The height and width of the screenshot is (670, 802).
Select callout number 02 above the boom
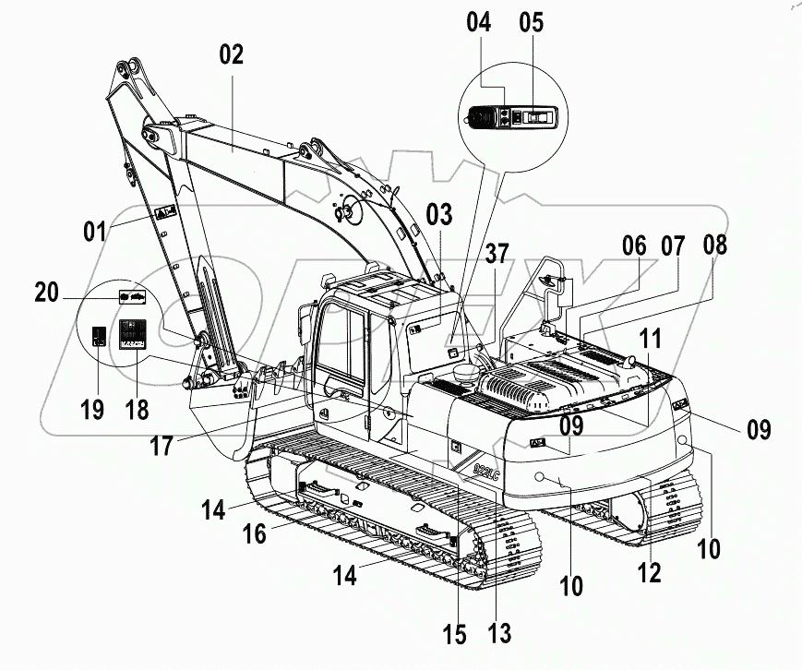pos(231,54)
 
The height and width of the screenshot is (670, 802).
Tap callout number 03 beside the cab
pos(439,215)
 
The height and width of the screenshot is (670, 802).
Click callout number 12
pos(650,572)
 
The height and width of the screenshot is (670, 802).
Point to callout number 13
pos(501,632)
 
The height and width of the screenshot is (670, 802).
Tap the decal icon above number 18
pos(136,333)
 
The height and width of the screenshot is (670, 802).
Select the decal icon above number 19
pos(100,337)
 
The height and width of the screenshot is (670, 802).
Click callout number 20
pos(48,293)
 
